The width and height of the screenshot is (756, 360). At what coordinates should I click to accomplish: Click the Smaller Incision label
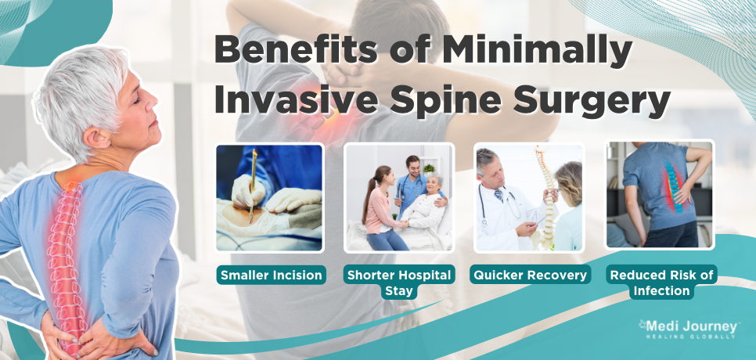coord(271,275)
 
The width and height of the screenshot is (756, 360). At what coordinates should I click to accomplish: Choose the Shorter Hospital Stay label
coord(399,283)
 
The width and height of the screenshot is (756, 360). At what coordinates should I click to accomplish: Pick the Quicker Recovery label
coord(531,275)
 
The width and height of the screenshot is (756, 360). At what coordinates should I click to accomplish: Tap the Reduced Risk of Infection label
coord(661,283)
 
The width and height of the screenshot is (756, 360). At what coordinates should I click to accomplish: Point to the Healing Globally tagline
coord(691,337)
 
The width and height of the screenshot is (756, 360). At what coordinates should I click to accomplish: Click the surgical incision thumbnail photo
coord(270,198)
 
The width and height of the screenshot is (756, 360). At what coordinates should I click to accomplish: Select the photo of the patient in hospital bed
coord(399,198)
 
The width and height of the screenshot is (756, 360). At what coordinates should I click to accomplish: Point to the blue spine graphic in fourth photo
coord(674,186)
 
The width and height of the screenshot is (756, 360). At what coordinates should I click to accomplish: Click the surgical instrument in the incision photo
coord(252,185)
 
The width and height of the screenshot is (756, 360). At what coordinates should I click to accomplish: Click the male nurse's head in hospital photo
coord(412,165)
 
